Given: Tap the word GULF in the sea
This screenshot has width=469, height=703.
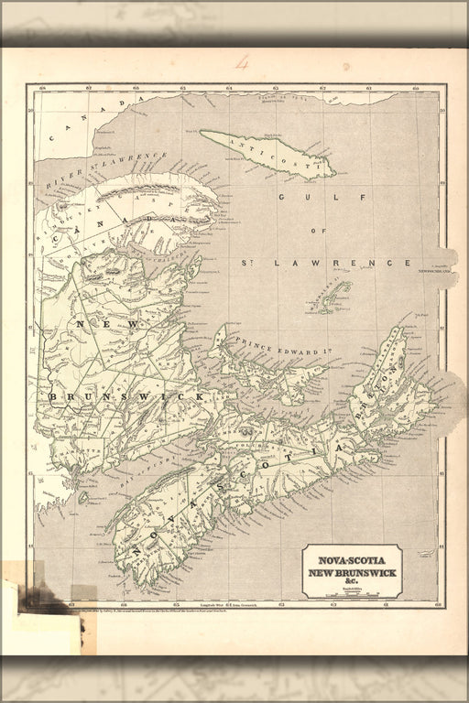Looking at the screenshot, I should tap(300, 198).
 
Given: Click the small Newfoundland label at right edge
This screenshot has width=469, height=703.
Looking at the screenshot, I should tap(430, 270).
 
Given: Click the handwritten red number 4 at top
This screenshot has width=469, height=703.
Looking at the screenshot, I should tap(243, 63).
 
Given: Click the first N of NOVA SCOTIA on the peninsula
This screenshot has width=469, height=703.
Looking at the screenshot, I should tap(137, 549).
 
